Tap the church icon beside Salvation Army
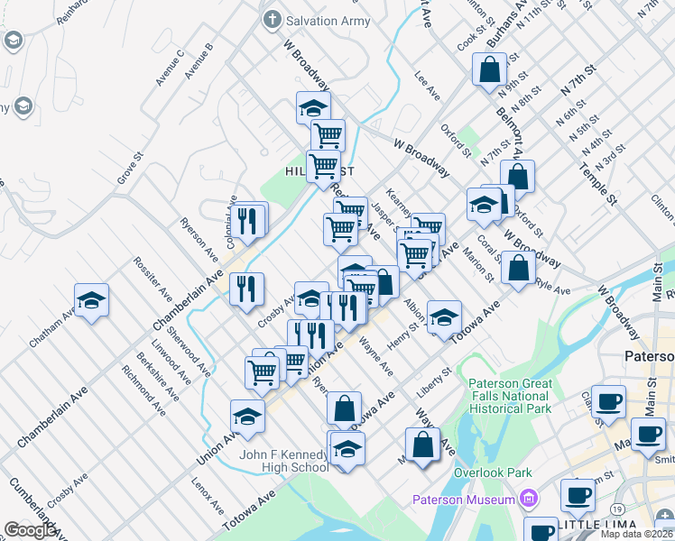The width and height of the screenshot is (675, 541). pyautogui.click(x=271, y=20)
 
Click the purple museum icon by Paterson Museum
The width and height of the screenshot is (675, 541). pyautogui.click(x=528, y=499)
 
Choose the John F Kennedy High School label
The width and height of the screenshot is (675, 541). pyautogui.click(x=283, y=461)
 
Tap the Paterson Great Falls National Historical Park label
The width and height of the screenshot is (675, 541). pyautogui.click(x=510, y=396)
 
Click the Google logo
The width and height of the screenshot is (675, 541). pyautogui.click(x=31, y=530)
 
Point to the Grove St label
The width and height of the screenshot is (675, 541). pyautogui.click(x=130, y=170)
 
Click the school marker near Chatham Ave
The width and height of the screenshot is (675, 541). pyautogui.click(x=91, y=303)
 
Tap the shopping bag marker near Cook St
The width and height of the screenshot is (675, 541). pyautogui.click(x=488, y=70)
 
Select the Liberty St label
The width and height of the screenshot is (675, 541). pyautogui.click(x=434, y=383)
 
